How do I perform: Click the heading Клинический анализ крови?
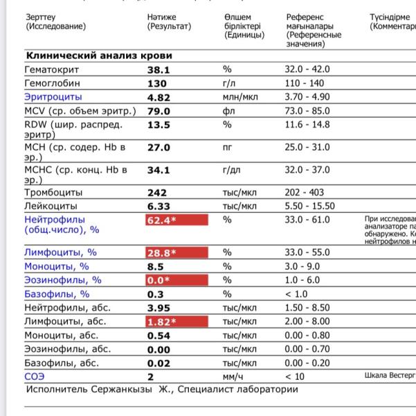(99, 55)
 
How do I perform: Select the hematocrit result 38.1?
(159, 70)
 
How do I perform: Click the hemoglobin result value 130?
(156, 83)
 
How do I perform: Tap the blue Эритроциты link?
(53, 97)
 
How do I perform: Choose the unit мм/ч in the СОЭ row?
(233, 376)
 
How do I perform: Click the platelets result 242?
(157, 192)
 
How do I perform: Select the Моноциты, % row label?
(57, 266)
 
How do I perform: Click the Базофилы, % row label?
(57, 294)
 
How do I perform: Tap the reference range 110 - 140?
(305, 83)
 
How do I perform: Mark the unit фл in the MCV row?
(229, 111)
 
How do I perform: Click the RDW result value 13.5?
(159, 125)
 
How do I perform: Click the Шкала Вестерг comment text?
(390, 376)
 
